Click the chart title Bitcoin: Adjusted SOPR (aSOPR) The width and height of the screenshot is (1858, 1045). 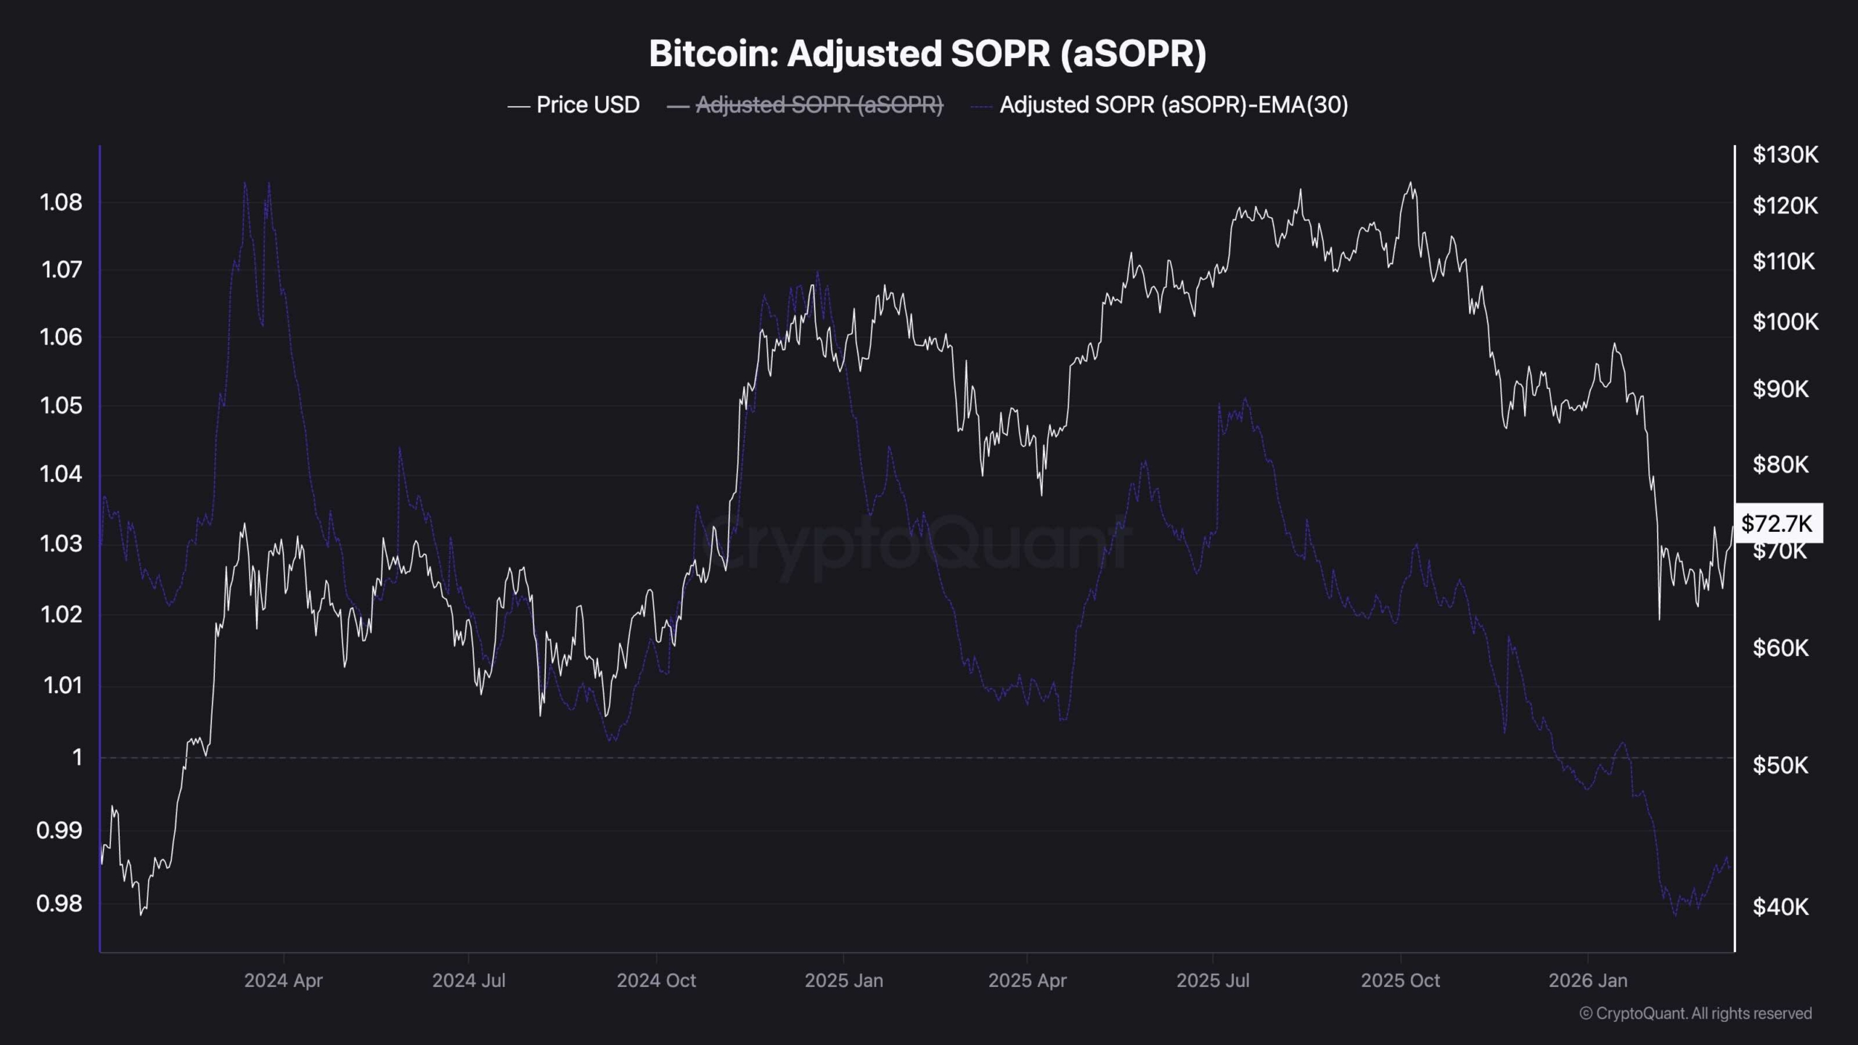pyautogui.click(x=928, y=54)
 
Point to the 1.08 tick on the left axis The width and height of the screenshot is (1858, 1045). pyautogui.click(x=61, y=202)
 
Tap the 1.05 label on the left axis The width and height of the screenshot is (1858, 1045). pyautogui.click(x=61, y=405)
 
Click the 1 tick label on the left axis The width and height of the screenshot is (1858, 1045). pyautogui.click(x=77, y=758)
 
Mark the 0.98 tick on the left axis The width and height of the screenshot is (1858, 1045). pyautogui.click(x=60, y=903)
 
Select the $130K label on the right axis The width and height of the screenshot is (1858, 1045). pyautogui.click(x=1785, y=155)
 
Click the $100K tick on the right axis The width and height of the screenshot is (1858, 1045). pyautogui.click(x=1785, y=321)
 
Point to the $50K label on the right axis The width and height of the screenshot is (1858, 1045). pyautogui.click(x=1780, y=765)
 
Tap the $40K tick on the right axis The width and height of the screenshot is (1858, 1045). pyautogui.click(x=1780, y=906)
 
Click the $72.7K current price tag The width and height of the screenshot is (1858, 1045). pyautogui.click(x=1777, y=523)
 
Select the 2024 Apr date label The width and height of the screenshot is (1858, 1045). pyautogui.click(x=283, y=980)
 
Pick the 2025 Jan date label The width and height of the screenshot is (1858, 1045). pyautogui.click(x=843, y=980)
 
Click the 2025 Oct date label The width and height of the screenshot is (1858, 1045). pyautogui.click(x=1400, y=980)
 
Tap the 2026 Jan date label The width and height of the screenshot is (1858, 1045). pyautogui.click(x=1588, y=980)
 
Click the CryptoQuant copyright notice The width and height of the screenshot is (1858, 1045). pyautogui.click(x=1695, y=1013)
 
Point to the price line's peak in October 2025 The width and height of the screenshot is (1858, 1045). pyautogui.click(x=1410, y=182)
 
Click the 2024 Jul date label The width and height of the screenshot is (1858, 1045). pyautogui.click(x=469, y=980)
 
